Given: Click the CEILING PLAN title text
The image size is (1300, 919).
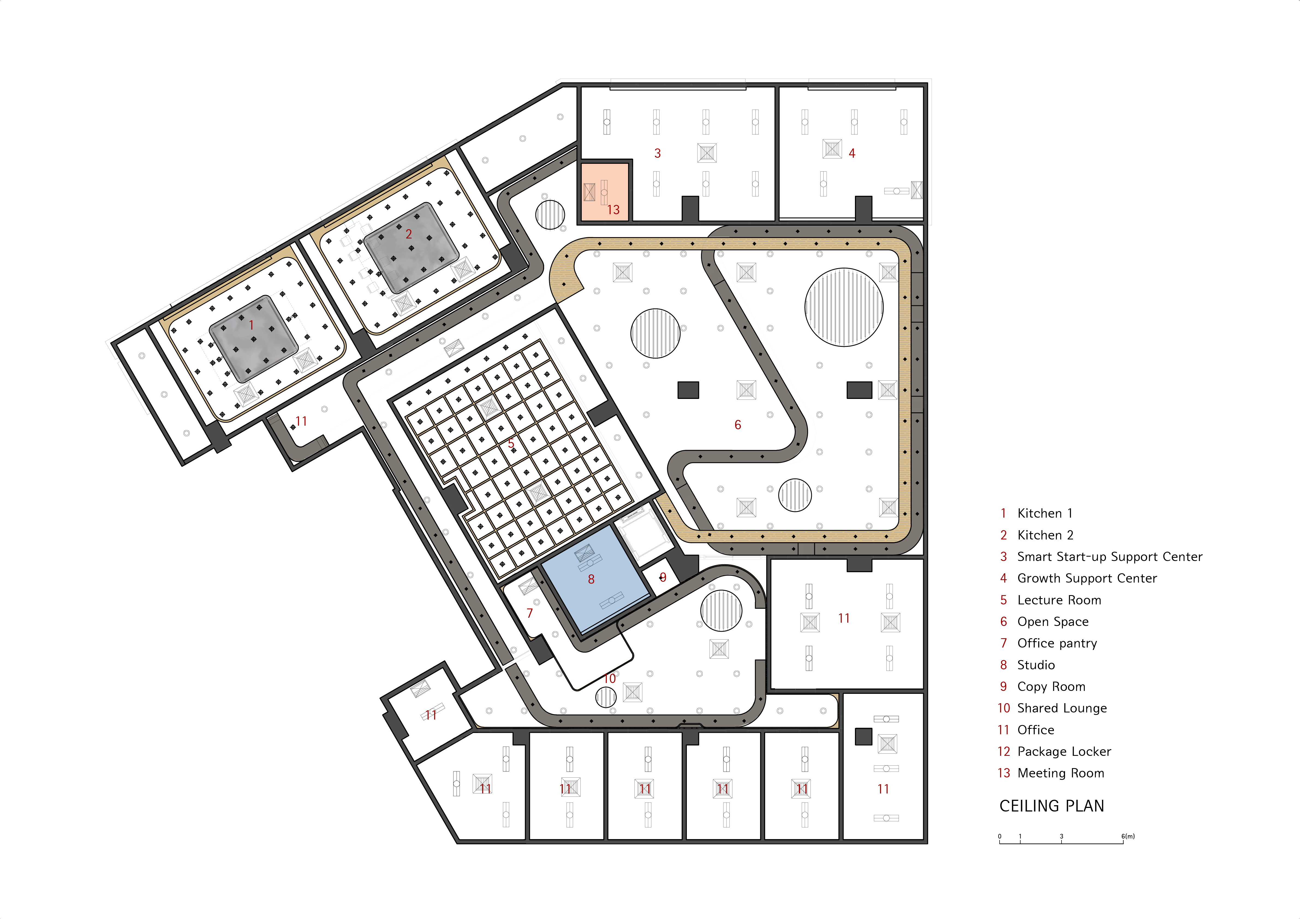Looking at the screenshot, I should (1051, 806).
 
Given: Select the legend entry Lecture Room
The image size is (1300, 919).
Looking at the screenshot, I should (1059, 600).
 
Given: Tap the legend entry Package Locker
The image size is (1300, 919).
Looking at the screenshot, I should (1064, 751).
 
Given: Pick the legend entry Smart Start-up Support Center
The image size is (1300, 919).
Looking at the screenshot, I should (1109, 557).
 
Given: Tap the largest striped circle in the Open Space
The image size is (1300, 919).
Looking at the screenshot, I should (844, 307).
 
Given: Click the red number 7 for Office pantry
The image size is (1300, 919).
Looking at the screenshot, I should (529, 613).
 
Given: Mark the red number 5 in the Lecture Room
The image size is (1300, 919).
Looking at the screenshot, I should (511, 443).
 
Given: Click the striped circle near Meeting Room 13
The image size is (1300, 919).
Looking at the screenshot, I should (550, 214).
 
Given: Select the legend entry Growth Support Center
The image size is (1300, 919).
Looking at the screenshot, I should (1087, 578).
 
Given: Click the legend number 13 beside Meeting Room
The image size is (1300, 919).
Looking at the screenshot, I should (1003, 773).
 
